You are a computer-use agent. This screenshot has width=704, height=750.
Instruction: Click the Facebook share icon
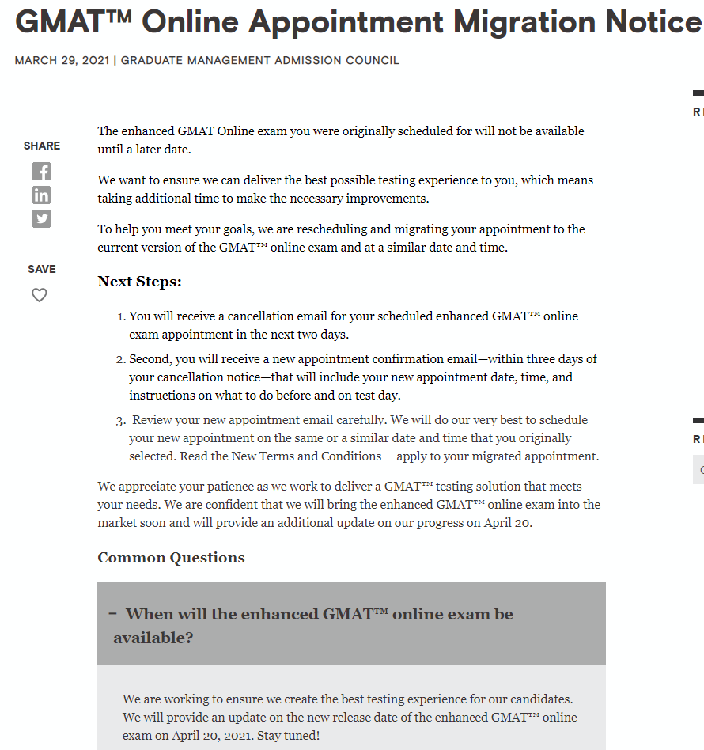tap(41, 171)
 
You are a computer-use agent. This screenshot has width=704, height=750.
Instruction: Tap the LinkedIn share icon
tap(41, 195)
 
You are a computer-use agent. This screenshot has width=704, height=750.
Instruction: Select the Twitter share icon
tap(41, 218)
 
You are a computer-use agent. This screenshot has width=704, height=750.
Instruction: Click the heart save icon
tap(40, 295)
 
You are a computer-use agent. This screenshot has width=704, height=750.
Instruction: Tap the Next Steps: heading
tap(139, 282)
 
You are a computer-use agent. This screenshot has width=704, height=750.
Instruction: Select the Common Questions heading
tap(171, 558)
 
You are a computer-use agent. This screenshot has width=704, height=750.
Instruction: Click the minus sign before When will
tap(113, 613)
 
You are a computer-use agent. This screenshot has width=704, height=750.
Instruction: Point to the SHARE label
tap(42, 146)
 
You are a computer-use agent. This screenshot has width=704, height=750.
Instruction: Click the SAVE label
tap(42, 269)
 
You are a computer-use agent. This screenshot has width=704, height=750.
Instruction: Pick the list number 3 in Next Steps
tap(120, 421)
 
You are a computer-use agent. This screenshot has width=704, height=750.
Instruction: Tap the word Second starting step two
tap(150, 359)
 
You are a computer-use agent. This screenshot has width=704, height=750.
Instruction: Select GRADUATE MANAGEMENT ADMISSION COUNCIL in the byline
tap(260, 61)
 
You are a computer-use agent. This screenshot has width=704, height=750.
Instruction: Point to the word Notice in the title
tap(653, 21)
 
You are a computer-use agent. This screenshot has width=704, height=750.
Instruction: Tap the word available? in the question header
tap(153, 638)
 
